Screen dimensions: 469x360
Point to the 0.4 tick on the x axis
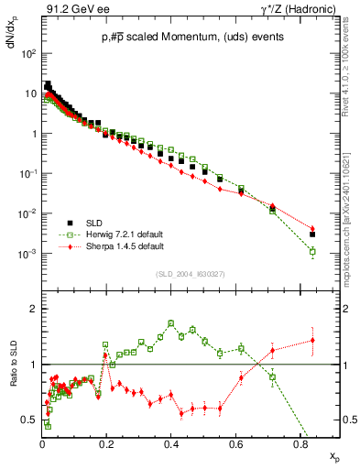click(171, 439)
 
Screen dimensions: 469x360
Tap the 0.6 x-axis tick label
click(235, 439)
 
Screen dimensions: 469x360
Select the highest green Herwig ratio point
click(171, 322)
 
